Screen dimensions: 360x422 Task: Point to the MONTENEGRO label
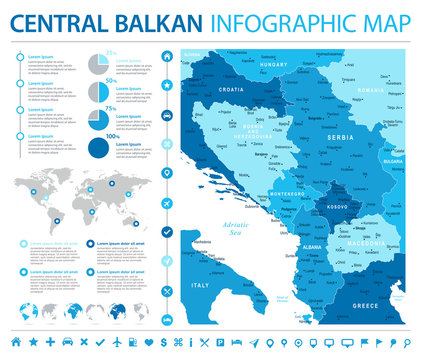click(x=287, y=193)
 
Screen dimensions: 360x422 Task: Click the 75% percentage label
click(x=111, y=104)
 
